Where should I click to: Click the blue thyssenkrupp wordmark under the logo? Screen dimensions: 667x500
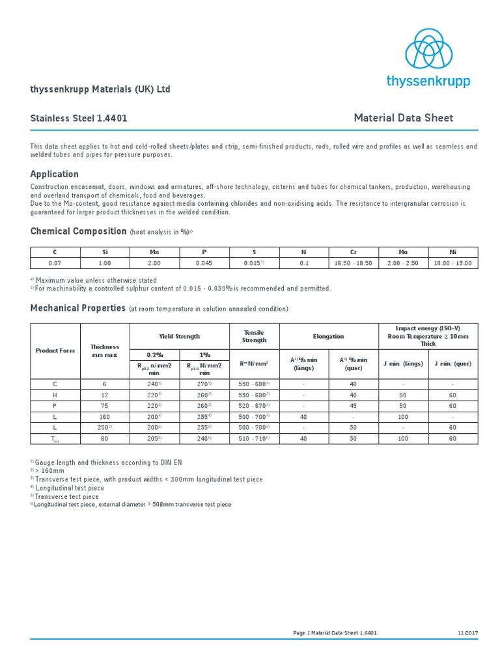[428, 81]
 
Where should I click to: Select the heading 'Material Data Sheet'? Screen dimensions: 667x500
[403, 118]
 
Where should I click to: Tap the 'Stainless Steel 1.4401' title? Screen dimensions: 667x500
[79, 119]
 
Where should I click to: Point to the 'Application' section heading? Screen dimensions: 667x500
[54, 174]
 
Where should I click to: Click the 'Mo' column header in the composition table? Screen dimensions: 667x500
[403, 252]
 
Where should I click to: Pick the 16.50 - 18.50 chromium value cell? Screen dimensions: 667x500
[353, 263]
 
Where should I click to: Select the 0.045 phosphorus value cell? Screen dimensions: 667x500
[204, 263]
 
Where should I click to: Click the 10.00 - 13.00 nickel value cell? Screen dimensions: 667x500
[453, 263]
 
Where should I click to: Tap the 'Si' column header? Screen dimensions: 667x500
[105, 252]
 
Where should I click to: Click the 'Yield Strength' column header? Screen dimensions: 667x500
[180, 336]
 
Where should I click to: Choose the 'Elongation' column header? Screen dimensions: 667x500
[329, 336]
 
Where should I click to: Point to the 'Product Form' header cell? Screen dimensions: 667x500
[55, 350]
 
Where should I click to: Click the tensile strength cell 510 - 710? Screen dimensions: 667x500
[254, 439]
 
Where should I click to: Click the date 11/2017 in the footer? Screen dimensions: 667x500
[467, 632]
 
